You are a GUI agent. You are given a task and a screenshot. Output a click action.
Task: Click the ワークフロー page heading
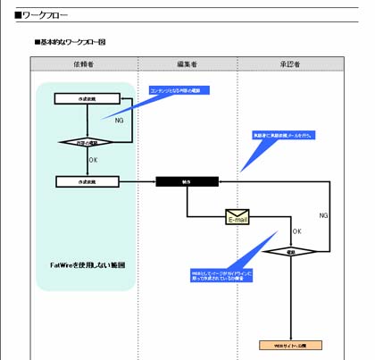point(40,14)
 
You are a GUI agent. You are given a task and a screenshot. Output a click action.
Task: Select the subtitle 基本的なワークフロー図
point(71,42)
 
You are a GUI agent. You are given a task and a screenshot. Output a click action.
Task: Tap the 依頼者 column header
point(87,64)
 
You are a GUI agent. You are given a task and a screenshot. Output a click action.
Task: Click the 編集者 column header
point(187,64)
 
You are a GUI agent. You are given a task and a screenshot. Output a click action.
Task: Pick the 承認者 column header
point(289,64)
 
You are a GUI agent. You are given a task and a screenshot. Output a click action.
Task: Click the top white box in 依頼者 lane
point(87,97)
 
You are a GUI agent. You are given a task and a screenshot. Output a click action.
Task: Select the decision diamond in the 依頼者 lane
point(87,141)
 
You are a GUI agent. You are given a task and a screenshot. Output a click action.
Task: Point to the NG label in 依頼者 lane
point(119,119)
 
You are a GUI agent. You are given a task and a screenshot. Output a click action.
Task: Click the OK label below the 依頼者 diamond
point(93,161)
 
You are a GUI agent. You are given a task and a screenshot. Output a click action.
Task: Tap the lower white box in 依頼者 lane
point(87,181)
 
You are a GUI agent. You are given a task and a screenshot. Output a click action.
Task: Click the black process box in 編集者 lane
point(187,181)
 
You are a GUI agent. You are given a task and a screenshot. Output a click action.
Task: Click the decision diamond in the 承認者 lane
point(289,252)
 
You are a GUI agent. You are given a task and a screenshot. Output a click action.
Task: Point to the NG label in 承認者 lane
point(323,215)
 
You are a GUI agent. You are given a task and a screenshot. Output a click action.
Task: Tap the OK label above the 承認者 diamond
point(296,231)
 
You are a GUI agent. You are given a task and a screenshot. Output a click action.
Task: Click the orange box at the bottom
point(289,344)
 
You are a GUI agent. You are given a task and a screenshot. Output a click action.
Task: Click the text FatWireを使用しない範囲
point(87,265)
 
